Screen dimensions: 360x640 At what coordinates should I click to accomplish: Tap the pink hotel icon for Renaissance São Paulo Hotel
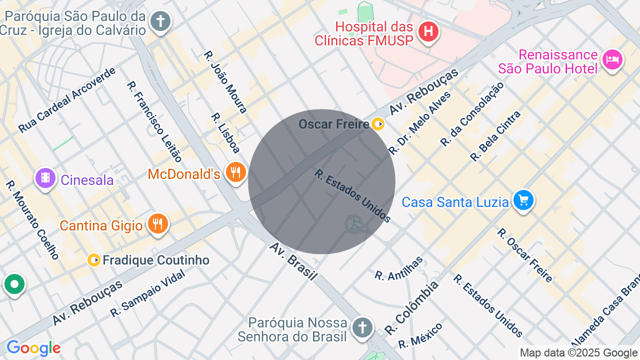(x=612, y=60)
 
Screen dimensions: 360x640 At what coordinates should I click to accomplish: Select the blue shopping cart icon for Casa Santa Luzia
(x=523, y=201)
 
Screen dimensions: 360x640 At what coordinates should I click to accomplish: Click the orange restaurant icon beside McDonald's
(x=235, y=172)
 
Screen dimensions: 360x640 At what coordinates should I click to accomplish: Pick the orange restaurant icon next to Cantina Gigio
(x=157, y=224)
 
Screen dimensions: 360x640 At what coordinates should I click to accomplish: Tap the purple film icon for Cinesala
(x=45, y=178)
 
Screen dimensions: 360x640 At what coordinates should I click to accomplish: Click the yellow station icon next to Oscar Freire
(x=378, y=124)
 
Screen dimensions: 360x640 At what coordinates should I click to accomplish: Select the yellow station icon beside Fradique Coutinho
(x=94, y=260)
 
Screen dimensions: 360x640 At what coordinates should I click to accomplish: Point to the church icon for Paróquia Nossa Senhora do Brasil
(x=361, y=328)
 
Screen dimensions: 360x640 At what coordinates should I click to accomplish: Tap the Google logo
(x=33, y=348)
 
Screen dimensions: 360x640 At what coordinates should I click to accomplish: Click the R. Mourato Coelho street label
(x=32, y=220)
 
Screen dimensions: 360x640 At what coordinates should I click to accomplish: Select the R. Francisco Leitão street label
(x=154, y=121)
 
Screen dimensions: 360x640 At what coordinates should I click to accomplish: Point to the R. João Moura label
(x=225, y=81)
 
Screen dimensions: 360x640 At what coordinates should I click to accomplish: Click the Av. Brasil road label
(x=293, y=261)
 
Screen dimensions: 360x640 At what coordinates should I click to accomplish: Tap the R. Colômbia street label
(x=411, y=307)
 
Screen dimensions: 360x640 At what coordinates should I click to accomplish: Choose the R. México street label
(x=420, y=335)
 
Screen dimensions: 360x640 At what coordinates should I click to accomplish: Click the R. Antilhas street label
(x=398, y=268)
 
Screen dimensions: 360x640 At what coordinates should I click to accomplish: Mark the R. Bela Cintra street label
(x=495, y=136)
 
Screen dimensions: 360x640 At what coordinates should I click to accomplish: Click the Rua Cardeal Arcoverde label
(x=67, y=100)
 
